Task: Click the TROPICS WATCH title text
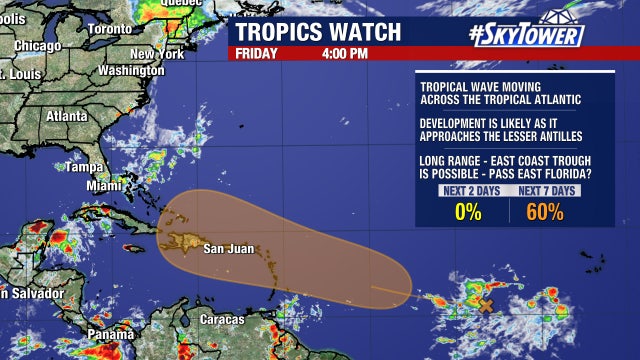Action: (x=317, y=31)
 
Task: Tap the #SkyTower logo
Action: (x=526, y=34)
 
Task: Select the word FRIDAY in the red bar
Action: (x=257, y=53)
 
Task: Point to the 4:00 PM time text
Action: (x=344, y=53)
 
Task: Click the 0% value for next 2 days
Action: (x=468, y=212)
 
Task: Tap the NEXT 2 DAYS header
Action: (x=468, y=191)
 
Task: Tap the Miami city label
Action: (x=103, y=186)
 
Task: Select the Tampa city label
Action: (x=85, y=167)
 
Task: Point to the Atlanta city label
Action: (x=66, y=114)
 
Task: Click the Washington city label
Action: (x=131, y=71)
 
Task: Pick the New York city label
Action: (x=156, y=53)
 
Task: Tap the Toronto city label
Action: (x=109, y=29)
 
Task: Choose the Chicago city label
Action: (x=38, y=45)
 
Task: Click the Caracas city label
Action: (x=221, y=319)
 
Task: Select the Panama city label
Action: (x=108, y=334)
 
